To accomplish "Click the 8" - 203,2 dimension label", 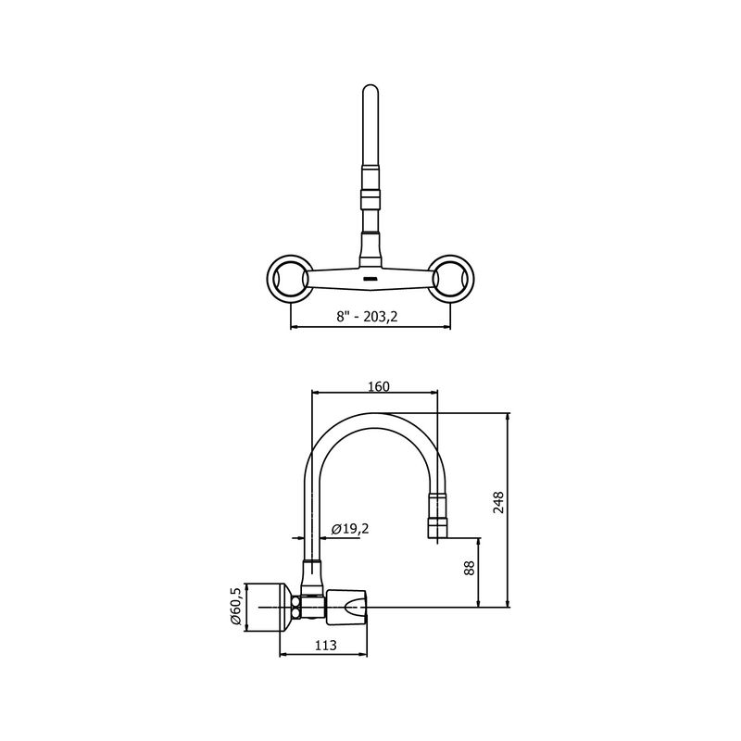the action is tap(367, 316).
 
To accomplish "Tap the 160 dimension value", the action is tap(379, 386).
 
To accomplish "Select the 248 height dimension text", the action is tap(498, 502).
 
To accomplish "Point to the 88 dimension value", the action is tap(469, 568).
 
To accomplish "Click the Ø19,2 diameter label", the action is tap(350, 529).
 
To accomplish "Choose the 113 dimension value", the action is tap(326, 645).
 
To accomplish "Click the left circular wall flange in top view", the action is tap(289, 277).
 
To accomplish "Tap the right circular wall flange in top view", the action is tap(451, 277).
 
